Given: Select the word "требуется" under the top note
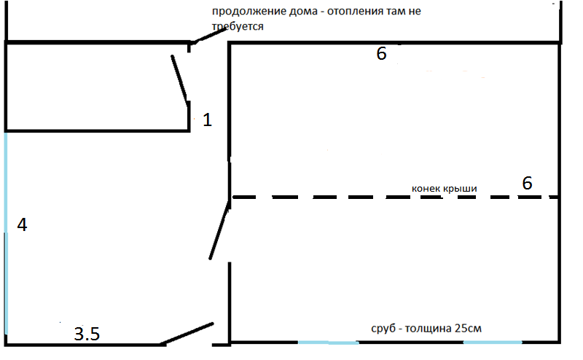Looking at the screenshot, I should (x=237, y=26).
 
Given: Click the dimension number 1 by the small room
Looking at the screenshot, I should (x=207, y=120).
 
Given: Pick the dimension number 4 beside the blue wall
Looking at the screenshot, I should (x=22, y=225).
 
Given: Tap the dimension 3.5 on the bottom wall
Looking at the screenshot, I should (x=87, y=334).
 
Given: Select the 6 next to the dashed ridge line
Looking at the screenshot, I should (x=528, y=183).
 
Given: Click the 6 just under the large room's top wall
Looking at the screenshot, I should (x=381, y=54).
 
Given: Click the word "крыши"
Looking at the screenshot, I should (x=461, y=189).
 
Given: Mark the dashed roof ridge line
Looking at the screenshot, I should (x=328, y=197).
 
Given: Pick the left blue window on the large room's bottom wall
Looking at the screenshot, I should (x=328, y=342).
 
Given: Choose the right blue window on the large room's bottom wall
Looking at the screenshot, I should (x=493, y=342).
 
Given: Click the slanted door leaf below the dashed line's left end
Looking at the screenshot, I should (x=219, y=232).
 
